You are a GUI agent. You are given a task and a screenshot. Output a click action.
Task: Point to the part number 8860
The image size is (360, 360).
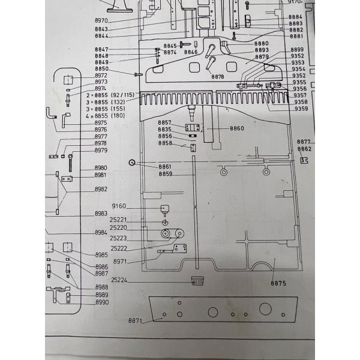coord(238,128)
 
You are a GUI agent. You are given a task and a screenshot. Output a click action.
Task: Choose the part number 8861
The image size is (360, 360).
coord(165,166)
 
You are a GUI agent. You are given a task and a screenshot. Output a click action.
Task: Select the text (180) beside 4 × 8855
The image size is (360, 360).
coord(118,116)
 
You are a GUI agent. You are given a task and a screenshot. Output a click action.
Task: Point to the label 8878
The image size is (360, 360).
coord(217,77)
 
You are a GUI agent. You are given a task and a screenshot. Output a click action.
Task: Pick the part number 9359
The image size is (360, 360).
coord(301,109)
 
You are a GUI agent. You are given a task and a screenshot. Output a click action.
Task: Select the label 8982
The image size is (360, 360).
coord(101,189)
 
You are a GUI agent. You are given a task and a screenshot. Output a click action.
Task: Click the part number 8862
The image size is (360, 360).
coord(305,148)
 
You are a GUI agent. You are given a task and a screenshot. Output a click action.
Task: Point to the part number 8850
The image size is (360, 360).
coord(101,69)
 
